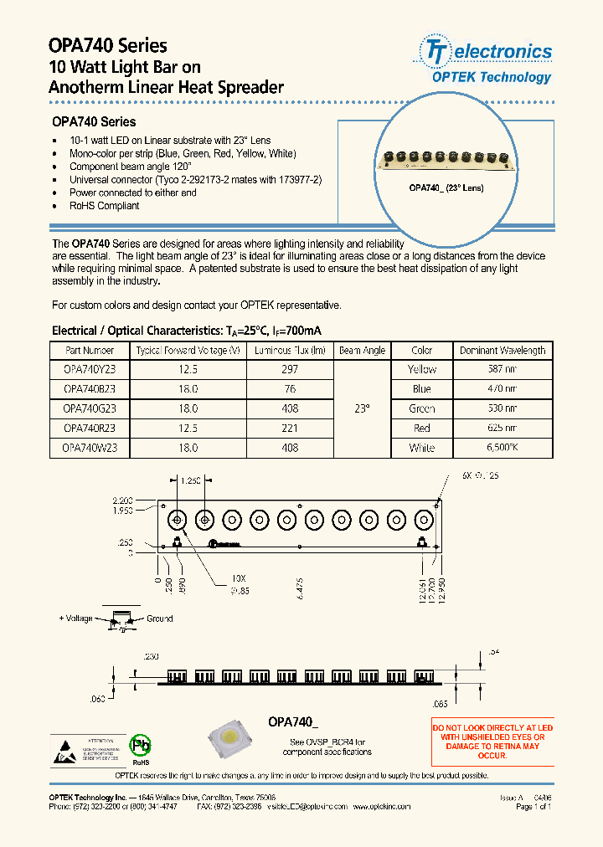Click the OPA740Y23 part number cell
tap(90, 369)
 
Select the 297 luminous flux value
tap(287, 369)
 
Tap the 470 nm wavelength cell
tap(502, 389)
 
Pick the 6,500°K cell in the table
tap(502, 449)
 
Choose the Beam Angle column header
tap(361, 351)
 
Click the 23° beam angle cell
tap(361, 408)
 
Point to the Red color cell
tap(422, 429)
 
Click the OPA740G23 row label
tap(90, 408)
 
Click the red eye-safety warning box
tap(492, 742)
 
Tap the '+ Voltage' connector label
tap(76, 619)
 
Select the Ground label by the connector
tap(159, 619)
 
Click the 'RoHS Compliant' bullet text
tap(104, 206)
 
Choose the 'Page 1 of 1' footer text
tap(533, 807)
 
